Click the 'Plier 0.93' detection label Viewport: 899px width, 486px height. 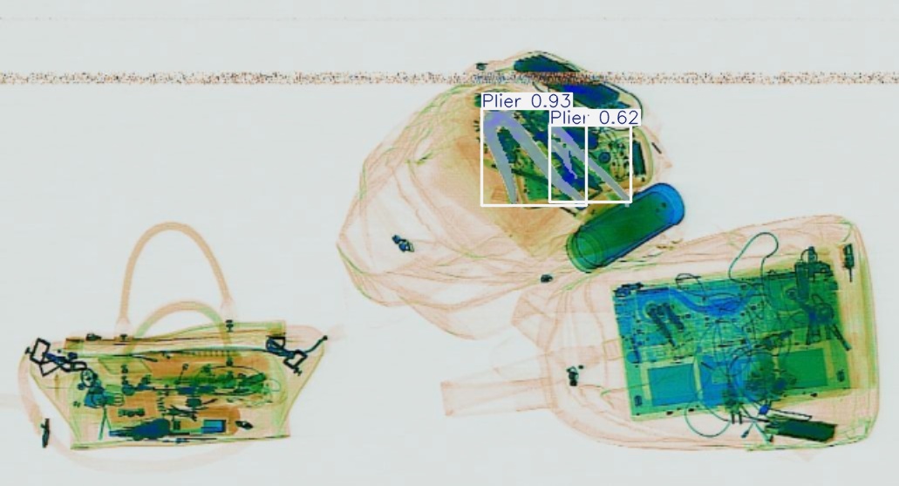click(527, 101)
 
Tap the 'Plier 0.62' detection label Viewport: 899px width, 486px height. click(594, 118)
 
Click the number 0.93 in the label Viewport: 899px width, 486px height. click(551, 101)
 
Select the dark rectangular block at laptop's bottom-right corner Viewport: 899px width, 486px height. click(802, 428)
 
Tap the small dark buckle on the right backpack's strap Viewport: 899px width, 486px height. click(573, 376)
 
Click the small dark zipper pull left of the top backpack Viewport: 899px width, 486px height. click(403, 243)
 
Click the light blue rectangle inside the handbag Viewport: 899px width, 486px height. click(214, 425)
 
